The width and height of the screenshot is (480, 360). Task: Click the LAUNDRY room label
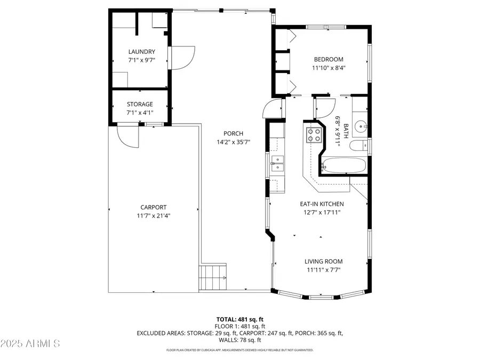pos(142,52)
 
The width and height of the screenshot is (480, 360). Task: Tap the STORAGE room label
pos(140,104)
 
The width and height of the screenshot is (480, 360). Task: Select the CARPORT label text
pos(154,207)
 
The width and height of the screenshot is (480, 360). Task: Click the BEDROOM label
pos(328,59)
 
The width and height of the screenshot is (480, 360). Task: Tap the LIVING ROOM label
pos(323,261)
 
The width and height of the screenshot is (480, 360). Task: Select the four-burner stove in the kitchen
pos(314,135)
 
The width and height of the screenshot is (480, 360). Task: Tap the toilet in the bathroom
pos(358,145)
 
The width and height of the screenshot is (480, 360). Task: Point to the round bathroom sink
pos(361,127)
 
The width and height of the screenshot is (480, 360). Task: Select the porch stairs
pos(213,277)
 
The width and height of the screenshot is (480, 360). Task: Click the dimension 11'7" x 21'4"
pos(154,216)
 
